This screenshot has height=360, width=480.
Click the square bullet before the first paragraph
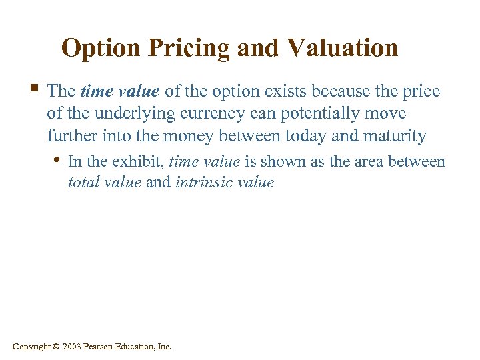(x=33, y=89)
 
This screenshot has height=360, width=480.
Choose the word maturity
(x=395, y=136)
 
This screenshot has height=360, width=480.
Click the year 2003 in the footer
(x=73, y=347)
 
